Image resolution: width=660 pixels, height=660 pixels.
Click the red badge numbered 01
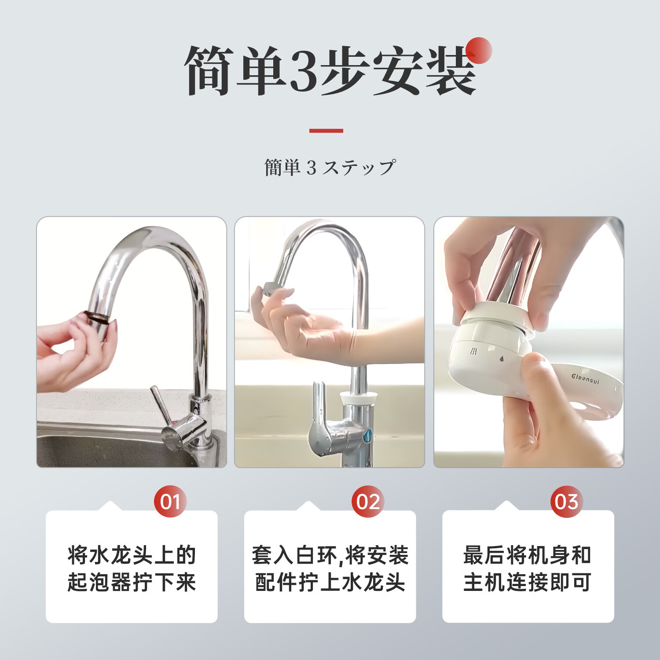coord(170,502)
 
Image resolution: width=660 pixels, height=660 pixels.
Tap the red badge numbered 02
coord(368,502)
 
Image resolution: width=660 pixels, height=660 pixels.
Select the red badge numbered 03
coord(566,502)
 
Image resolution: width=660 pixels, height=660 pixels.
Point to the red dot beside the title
coord(479,50)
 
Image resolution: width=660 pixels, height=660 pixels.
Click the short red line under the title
coord(326,131)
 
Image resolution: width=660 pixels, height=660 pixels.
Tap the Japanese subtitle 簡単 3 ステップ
coord(330,168)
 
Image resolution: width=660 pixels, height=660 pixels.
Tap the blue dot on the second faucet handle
coord(367,436)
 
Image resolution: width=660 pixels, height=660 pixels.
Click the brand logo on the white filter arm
coord(585,378)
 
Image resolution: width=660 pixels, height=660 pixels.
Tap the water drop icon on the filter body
coord(502,358)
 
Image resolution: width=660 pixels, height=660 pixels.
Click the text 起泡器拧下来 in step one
coord(132,583)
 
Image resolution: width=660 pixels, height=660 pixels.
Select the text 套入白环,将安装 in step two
coord(330,555)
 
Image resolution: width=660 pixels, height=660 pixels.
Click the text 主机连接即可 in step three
coord(528,583)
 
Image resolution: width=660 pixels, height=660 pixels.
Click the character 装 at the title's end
coord(451,70)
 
